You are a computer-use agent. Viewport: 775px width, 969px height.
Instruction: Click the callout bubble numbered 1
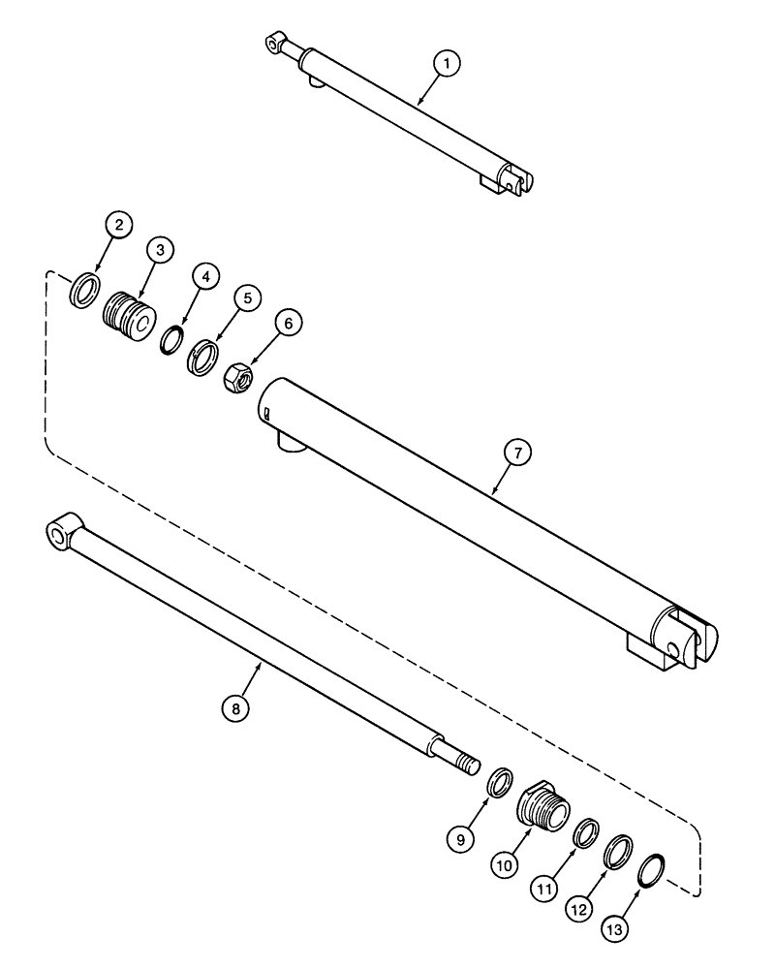coord(446,64)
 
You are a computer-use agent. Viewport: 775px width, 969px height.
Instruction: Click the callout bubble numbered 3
coord(160,250)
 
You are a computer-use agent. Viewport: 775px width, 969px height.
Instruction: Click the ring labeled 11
coord(585,832)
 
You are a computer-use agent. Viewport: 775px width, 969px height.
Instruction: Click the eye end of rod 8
coord(62,532)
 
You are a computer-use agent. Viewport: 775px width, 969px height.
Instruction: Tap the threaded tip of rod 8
coord(469,764)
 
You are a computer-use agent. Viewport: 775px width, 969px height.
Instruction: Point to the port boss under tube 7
coord(289,441)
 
